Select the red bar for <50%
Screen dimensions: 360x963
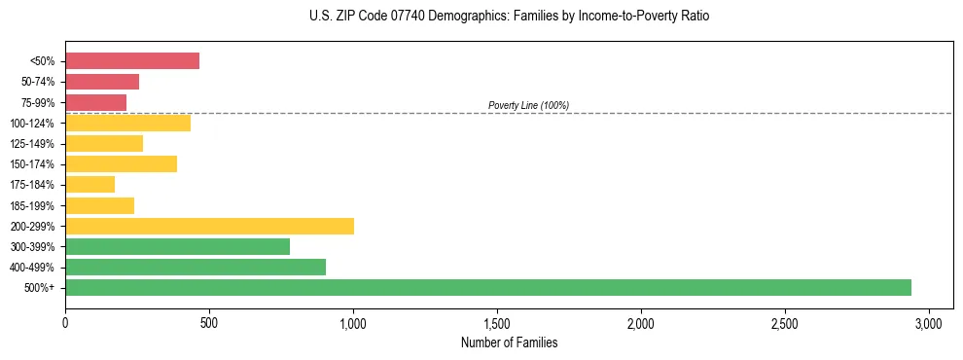coord(132,61)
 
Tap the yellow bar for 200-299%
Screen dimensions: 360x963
coord(209,226)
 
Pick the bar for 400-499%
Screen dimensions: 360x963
coord(196,267)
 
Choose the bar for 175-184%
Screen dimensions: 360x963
coord(90,184)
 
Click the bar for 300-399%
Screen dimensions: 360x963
coord(177,246)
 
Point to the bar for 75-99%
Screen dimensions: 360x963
coord(96,102)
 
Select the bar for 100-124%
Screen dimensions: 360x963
coord(128,123)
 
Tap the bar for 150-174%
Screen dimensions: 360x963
coord(122,163)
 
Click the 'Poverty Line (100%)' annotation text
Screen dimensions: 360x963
coord(528,105)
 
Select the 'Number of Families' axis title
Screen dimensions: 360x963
coord(510,342)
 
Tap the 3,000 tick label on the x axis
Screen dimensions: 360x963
coord(929,323)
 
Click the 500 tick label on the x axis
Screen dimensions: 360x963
coord(209,323)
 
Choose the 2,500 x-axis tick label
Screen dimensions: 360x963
coord(785,323)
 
